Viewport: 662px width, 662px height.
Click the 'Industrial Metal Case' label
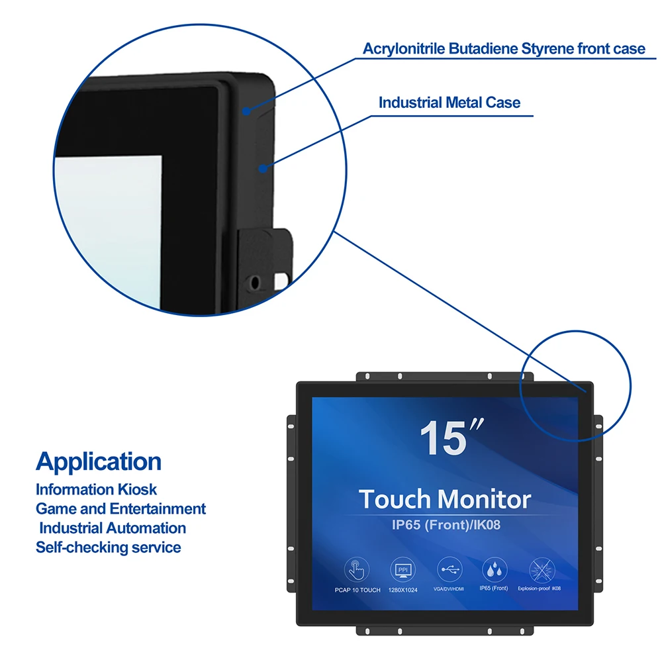[x=449, y=103]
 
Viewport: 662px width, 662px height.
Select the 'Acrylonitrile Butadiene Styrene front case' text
[x=504, y=48]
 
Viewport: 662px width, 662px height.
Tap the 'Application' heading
[x=99, y=461]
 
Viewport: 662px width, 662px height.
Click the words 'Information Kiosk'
[x=97, y=490]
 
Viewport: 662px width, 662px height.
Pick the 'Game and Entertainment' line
[x=120, y=509]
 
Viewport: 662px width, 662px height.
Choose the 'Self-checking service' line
[x=108, y=547]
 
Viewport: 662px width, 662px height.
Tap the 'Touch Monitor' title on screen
[x=445, y=499]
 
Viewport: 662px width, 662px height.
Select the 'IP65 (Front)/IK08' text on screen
[x=445, y=526]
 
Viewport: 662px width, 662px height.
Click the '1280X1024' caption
[x=402, y=589]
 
